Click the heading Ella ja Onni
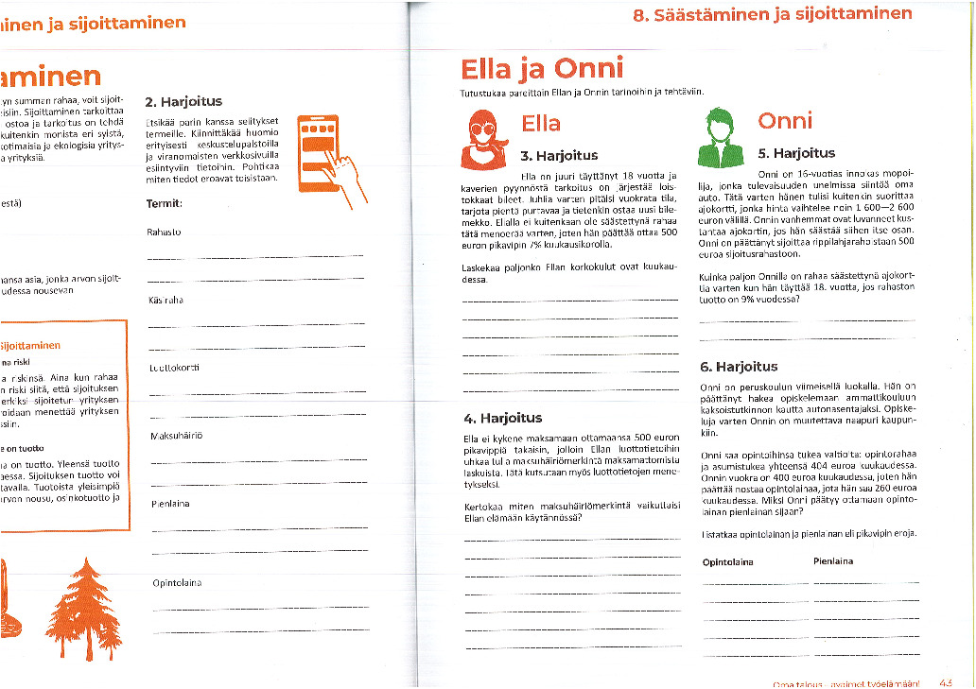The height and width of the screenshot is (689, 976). pos(542,68)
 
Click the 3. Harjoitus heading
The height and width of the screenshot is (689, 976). pos(559,156)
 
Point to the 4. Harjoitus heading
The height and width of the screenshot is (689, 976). pos(502,418)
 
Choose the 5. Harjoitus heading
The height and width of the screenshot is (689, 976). pos(796,153)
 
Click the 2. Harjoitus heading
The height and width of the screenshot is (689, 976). pos(183,101)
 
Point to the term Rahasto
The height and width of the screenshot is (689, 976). pos(165,231)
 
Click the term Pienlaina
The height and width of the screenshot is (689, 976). pos(170,504)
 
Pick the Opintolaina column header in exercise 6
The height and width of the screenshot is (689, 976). pos(727,561)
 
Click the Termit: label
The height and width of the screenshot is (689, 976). pos(165,203)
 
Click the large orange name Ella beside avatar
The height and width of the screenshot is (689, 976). pos(540,124)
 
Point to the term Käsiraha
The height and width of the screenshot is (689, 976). pos(166,300)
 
